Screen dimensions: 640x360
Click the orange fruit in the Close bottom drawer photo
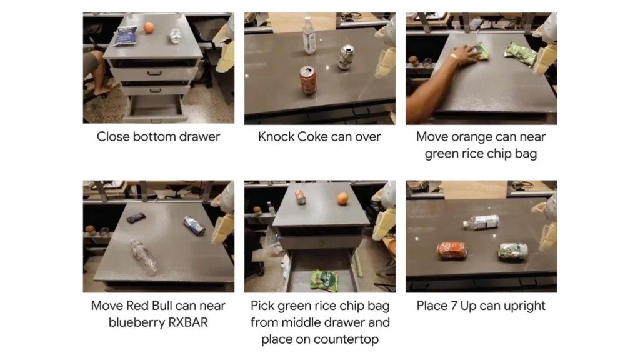click(x=149, y=28)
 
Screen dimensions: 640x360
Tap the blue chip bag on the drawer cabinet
click(x=125, y=36)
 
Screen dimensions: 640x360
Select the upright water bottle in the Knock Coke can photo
click(x=309, y=36)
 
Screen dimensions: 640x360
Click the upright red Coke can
click(x=307, y=80)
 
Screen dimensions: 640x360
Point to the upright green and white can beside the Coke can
click(x=346, y=57)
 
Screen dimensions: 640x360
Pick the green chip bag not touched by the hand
click(x=521, y=54)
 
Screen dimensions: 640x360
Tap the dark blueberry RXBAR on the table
click(x=136, y=217)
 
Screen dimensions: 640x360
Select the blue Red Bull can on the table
click(x=194, y=226)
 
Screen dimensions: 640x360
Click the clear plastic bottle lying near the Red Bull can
click(x=144, y=256)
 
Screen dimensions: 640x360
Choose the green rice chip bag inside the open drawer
click(x=324, y=280)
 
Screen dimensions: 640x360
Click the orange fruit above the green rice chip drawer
click(x=342, y=199)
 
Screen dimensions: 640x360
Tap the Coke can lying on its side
click(x=452, y=250)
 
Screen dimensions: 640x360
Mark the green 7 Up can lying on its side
click(x=514, y=252)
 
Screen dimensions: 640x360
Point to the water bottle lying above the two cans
click(x=481, y=222)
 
